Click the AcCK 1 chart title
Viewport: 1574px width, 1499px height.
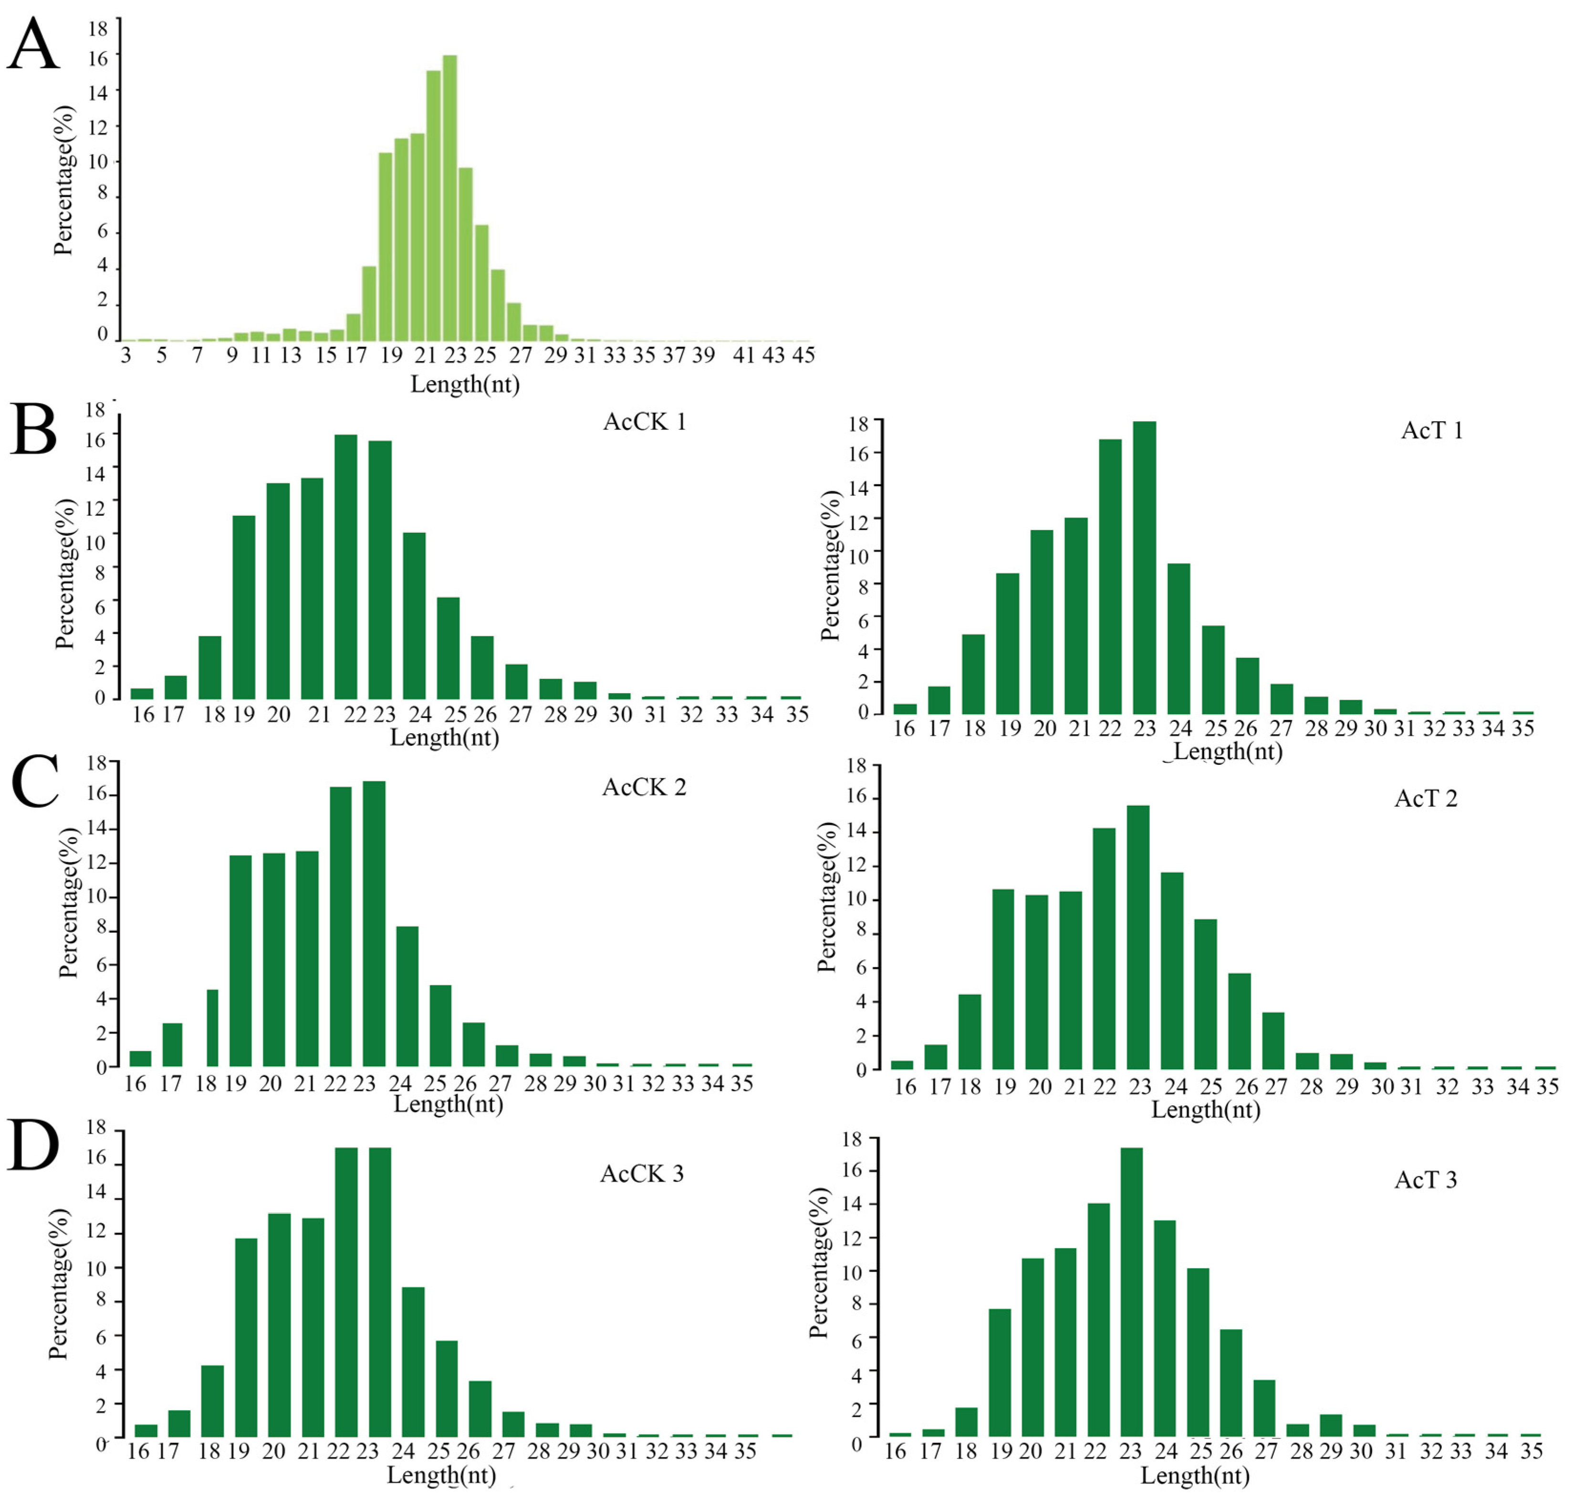(644, 421)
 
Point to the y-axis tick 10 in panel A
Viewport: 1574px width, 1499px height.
(97, 161)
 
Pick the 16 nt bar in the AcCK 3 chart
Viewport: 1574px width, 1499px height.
(146, 1430)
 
